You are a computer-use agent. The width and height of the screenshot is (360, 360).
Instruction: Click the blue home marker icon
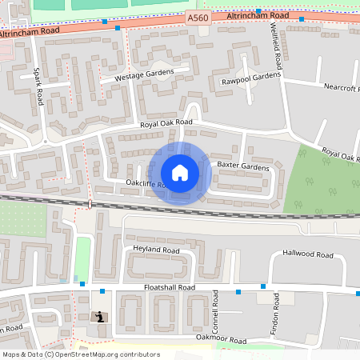point(180,173)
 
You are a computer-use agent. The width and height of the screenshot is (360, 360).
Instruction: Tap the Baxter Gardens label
point(243,166)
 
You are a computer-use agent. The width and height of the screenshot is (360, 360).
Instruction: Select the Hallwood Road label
point(308,254)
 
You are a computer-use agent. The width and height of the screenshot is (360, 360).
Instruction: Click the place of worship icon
point(99,317)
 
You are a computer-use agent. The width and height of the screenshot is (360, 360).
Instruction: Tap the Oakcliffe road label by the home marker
point(144,184)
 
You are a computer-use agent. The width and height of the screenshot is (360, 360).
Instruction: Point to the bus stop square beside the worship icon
point(102,291)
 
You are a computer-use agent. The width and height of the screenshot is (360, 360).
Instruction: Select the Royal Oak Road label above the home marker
point(166,123)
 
